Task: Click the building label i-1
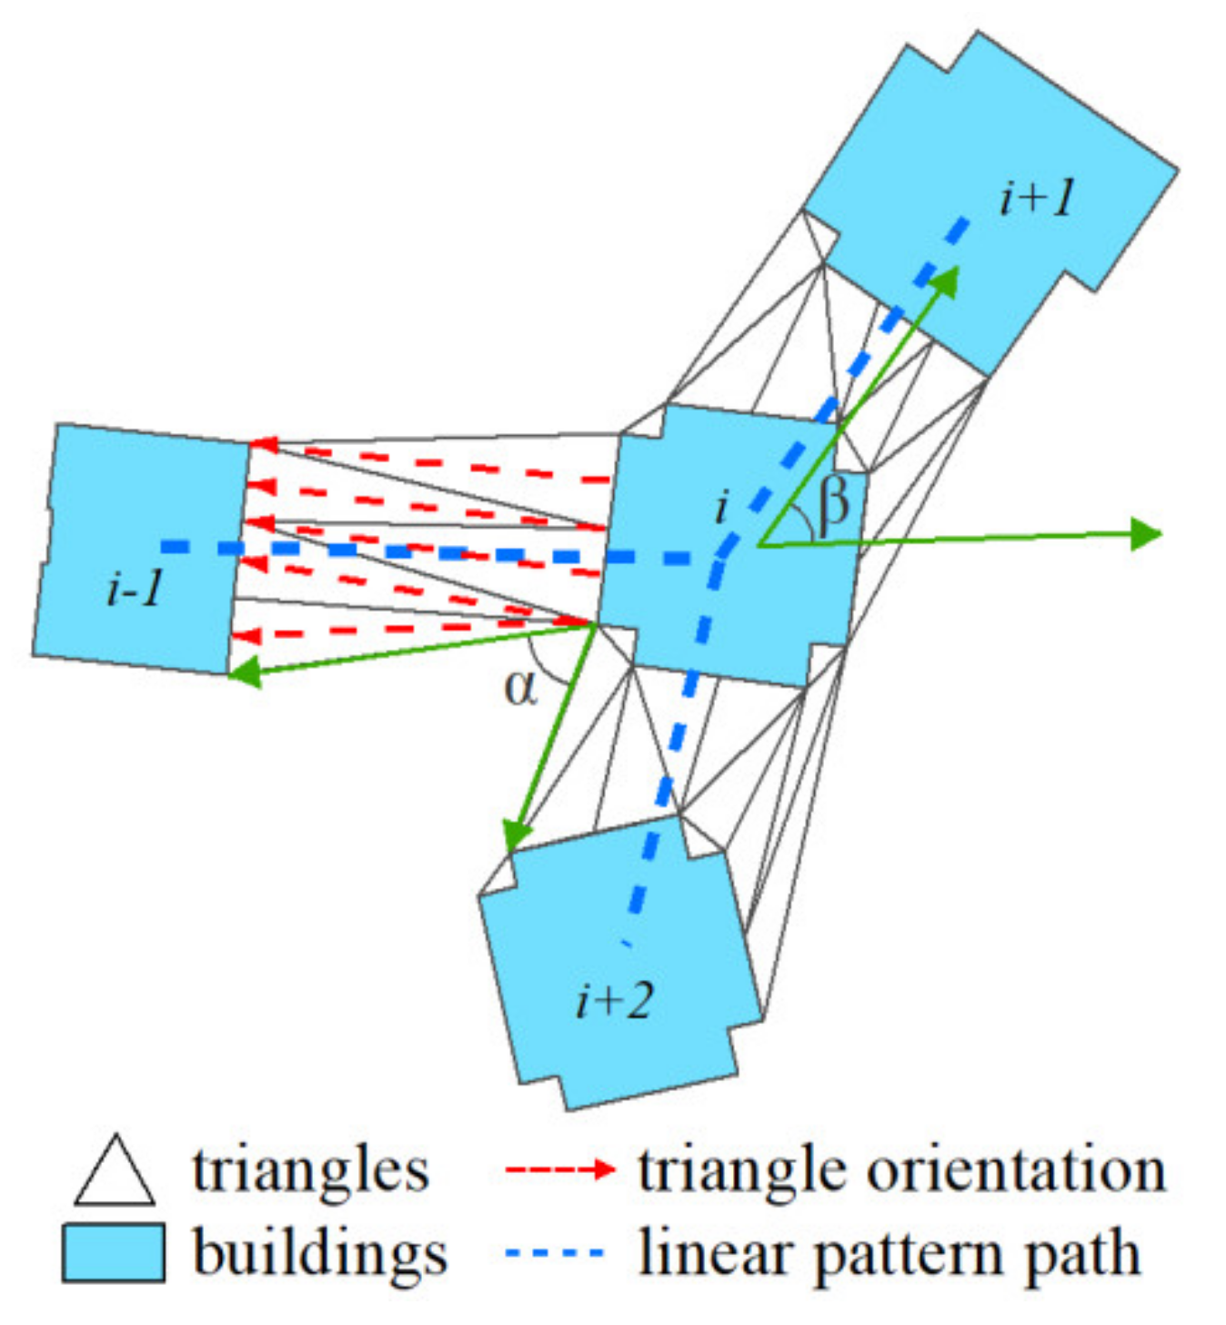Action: point(135,590)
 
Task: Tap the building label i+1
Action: point(1037,197)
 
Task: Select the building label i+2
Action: point(615,1000)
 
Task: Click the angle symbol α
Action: point(521,688)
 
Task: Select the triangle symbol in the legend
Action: point(114,1171)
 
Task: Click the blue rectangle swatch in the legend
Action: point(114,1252)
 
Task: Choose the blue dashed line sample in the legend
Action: point(555,1253)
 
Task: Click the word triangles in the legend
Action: point(310,1170)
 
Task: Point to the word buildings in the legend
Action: point(320,1254)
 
